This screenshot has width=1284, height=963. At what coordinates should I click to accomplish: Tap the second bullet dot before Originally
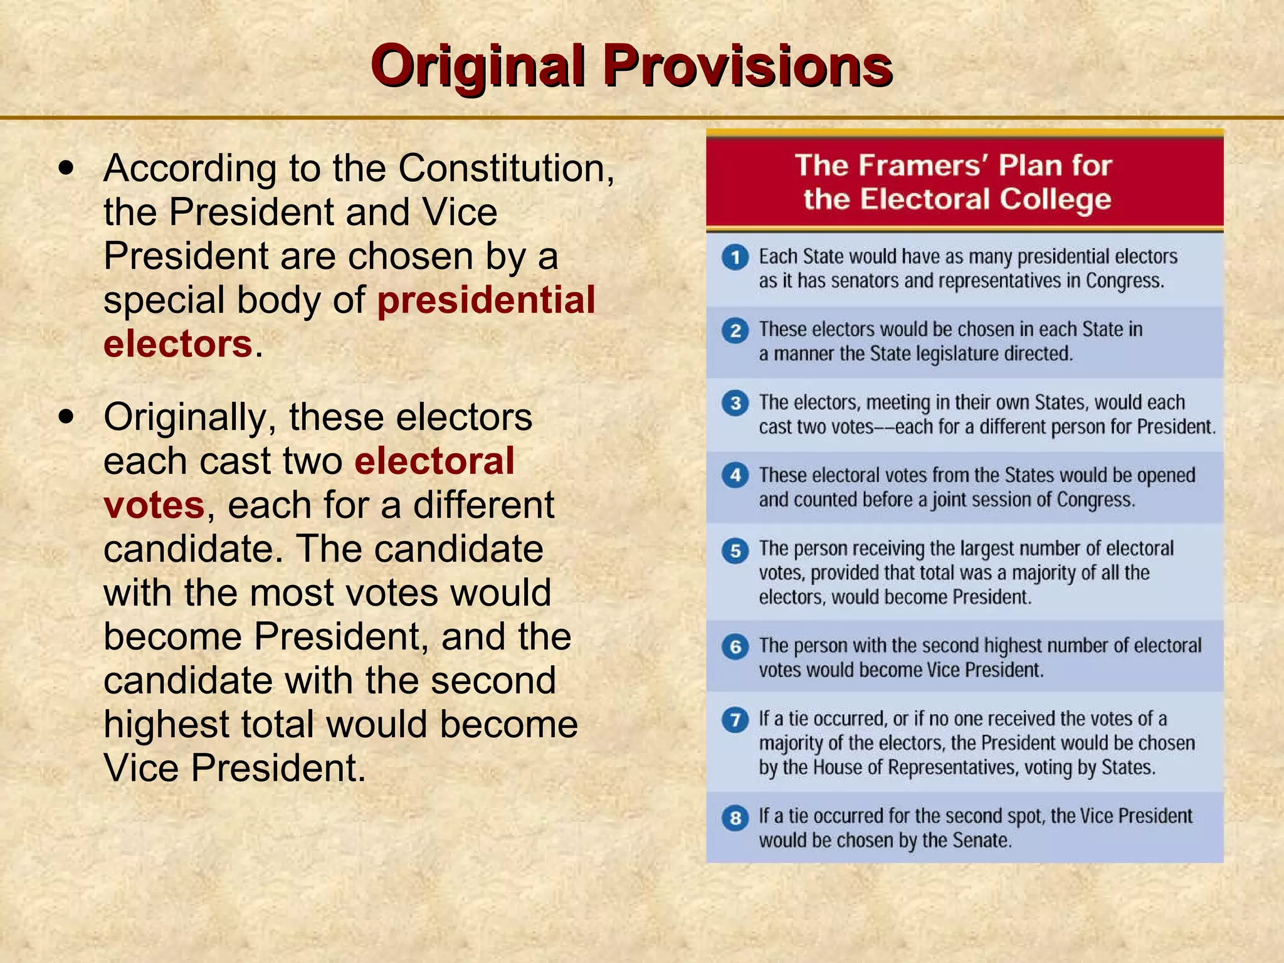coord(66,417)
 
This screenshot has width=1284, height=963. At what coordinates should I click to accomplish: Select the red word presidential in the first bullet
coord(486,300)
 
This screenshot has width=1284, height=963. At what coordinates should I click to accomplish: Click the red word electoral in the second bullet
coord(434,461)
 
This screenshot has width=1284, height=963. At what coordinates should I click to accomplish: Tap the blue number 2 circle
coord(735,330)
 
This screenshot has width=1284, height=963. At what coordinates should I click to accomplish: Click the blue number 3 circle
coord(735,403)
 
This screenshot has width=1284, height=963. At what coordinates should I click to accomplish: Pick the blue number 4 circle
coord(735,475)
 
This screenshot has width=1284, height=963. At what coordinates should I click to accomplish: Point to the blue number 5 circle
coord(735,550)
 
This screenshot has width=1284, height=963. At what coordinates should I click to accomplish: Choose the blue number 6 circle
coord(735,646)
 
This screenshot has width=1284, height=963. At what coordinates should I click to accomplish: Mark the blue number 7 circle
coord(735,720)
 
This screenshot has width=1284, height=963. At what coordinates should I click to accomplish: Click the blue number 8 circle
coord(735,818)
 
